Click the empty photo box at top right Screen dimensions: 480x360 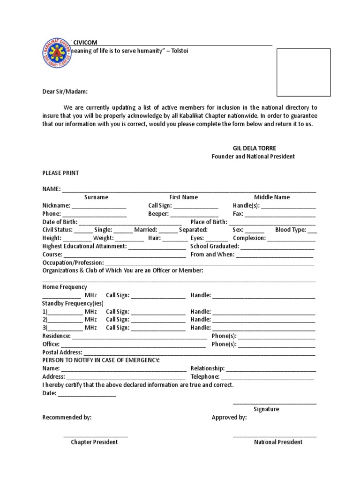pyautogui.click(x=303, y=72)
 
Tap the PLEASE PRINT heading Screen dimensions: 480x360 pyautogui.click(x=60, y=173)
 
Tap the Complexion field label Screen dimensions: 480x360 pyautogui.click(x=249, y=238)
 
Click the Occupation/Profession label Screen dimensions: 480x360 pyautogui.click(x=73, y=263)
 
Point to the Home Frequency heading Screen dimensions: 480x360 pyautogui.click(x=65, y=287)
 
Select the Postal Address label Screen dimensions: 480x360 pyautogui.click(x=62, y=352)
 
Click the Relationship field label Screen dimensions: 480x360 pyautogui.click(x=208, y=369)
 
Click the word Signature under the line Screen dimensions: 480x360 pyautogui.click(x=266, y=409)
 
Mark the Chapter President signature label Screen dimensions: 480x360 pyautogui.click(x=94, y=442)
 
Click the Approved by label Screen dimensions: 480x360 pyautogui.click(x=229, y=417)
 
